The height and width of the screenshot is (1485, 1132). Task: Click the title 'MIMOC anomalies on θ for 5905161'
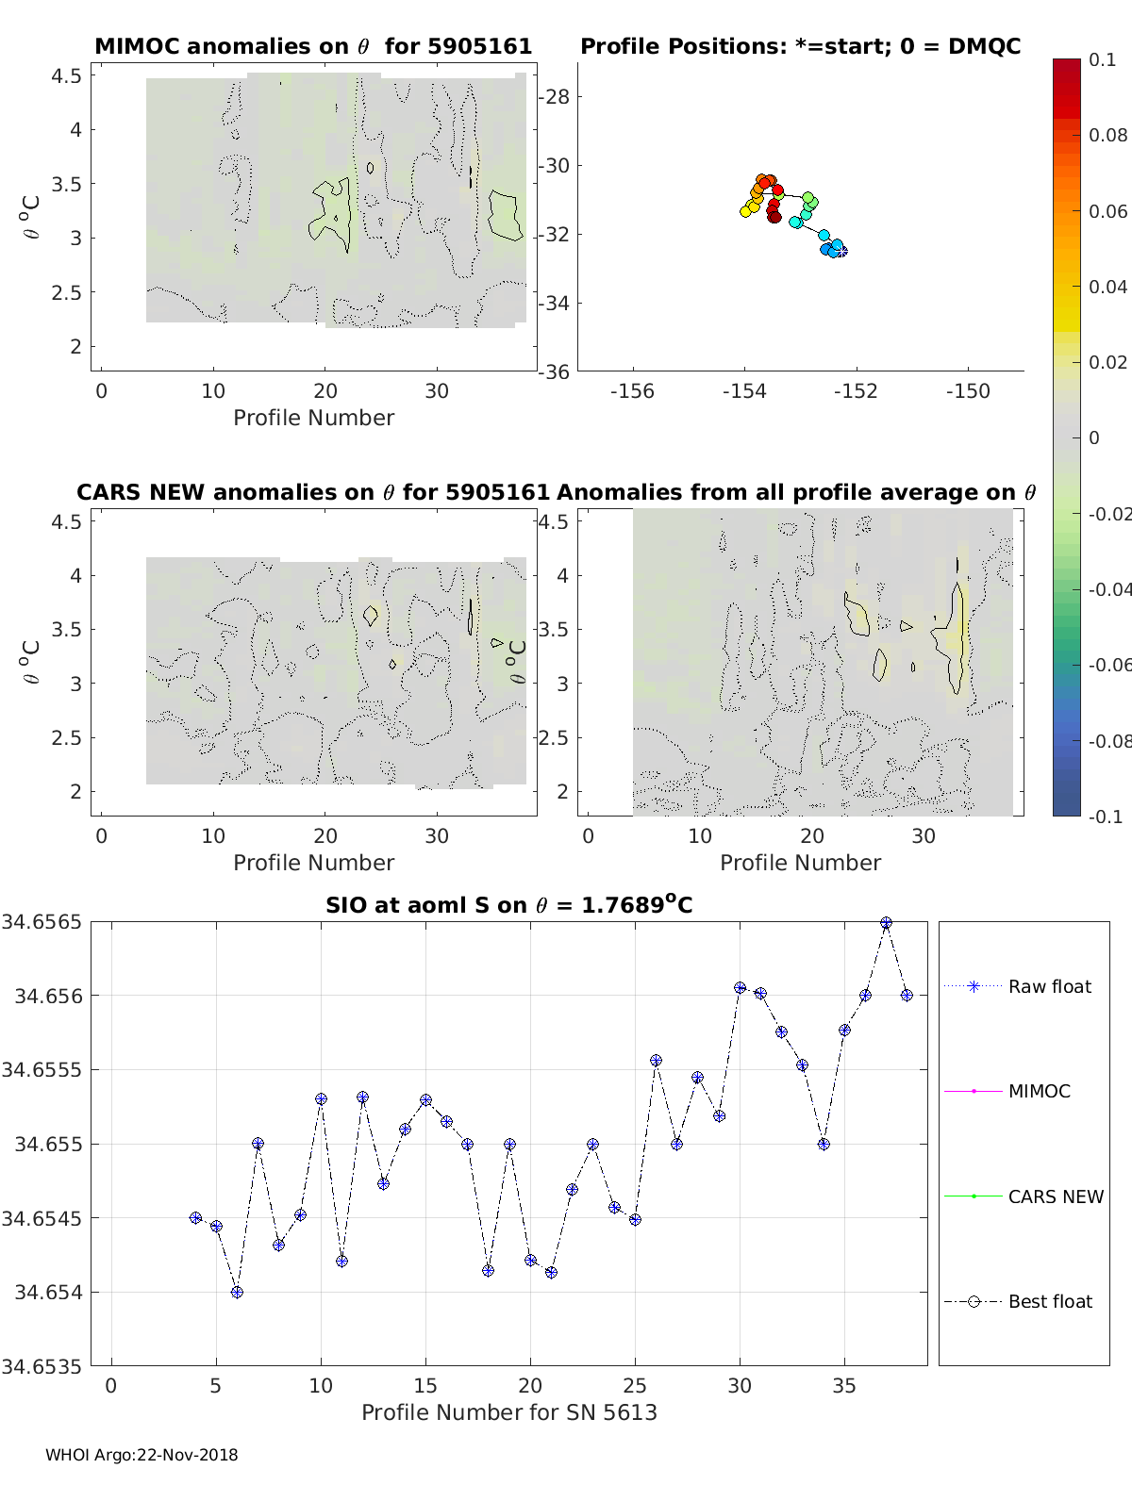(x=313, y=46)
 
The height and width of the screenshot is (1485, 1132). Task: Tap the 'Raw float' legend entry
(x=1049, y=986)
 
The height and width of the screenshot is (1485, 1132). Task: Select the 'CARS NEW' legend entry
(x=1055, y=1196)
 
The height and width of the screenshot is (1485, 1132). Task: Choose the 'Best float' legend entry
(x=1049, y=1301)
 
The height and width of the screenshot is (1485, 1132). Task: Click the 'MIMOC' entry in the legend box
(x=1039, y=1091)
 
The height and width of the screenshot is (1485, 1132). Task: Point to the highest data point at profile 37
(x=886, y=923)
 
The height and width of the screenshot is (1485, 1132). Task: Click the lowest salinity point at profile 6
(x=237, y=1292)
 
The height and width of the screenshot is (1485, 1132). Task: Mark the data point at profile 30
(x=740, y=988)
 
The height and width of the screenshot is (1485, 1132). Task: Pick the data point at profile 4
(x=195, y=1217)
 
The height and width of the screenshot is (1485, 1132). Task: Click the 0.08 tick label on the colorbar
(x=1107, y=135)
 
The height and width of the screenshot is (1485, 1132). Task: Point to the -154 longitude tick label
(x=743, y=390)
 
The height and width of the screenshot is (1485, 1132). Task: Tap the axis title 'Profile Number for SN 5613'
(x=508, y=1411)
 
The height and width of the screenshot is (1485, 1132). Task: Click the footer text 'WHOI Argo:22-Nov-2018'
(x=141, y=1455)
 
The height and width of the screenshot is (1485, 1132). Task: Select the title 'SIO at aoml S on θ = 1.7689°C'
(x=508, y=905)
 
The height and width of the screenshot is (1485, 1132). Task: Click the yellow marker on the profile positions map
(x=745, y=211)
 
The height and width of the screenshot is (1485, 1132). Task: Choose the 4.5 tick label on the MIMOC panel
(x=67, y=75)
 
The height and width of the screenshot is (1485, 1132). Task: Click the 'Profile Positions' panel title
(x=800, y=46)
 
